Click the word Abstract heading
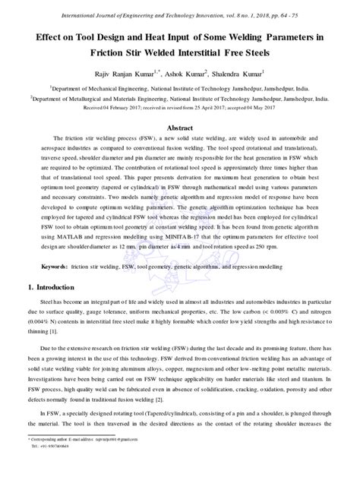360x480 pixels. pyautogui.click(x=180, y=128)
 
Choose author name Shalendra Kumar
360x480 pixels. pyautogui.click(x=238, y=75)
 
